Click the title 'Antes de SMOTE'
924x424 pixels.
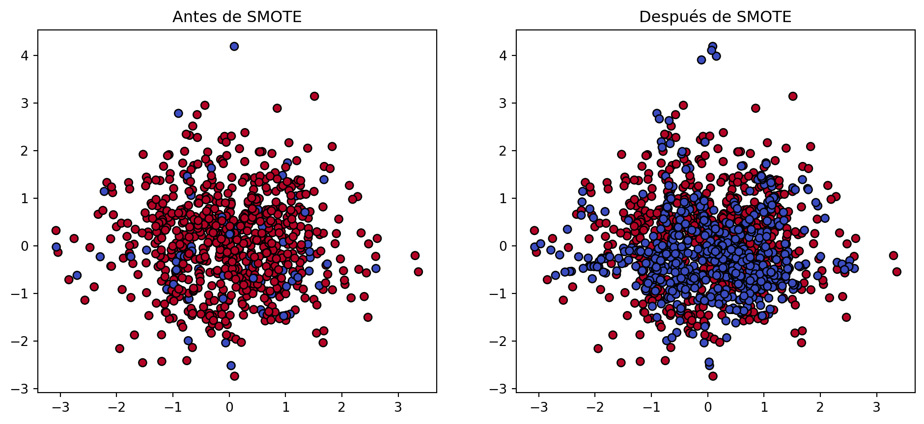tap(237, 17)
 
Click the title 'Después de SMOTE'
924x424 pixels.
tap(715, 17)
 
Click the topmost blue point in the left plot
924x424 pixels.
tap(234, 46)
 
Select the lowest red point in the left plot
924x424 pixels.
tap(234, 376)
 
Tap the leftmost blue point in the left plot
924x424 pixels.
tap(56, 247)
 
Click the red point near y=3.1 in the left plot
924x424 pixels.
tap(314, 96)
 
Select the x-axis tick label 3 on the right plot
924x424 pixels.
tap(876, 407)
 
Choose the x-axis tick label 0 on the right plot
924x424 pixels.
tap(708, 407)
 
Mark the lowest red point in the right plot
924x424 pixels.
tap(713, 376)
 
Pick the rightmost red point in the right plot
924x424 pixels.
tap(897, 271)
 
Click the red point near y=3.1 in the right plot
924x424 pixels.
tap(793, 96)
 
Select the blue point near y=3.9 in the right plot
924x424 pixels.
tap(701, 60)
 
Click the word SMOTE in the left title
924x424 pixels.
tap(274, 17)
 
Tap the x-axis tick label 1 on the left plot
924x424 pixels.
tap(286, 407)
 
